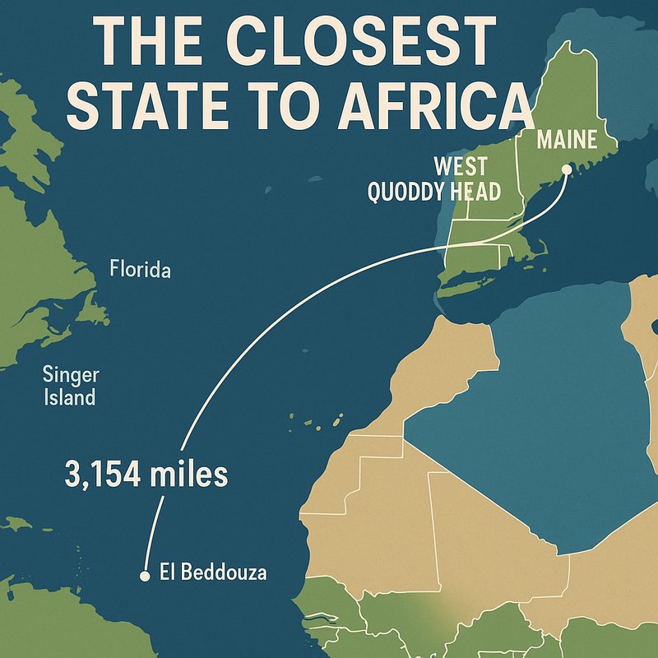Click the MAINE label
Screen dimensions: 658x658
coord(566,139)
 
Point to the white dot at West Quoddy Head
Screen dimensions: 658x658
coord(567,169)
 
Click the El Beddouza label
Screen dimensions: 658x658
coord(213,572)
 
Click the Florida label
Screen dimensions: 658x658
coord(140,269)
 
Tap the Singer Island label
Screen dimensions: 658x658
coord(71,387)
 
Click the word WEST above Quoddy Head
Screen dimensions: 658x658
coord(460,166)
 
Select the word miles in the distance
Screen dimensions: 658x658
coord(188,475)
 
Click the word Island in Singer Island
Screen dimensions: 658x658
coord(71,399)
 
